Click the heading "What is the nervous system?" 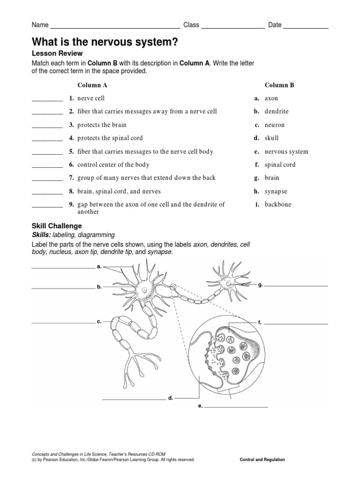(x=105, y=42)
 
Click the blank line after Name (x=115, y=28)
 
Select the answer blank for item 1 (x=47, y=100)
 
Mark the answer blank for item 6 (x=47, y=166)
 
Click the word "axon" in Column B (x=271, y=99)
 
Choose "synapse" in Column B (x=276, y=191)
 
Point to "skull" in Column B (x=272, y=138)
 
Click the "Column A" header (x=92, y=85)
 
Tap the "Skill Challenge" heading (x=57, y=226)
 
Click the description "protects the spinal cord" (x=110, y=138)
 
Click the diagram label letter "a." (x=99, y=266)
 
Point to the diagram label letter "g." (x=260, y=284)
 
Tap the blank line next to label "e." (x=236, y=406)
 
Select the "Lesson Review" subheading (x=57, y=53)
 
